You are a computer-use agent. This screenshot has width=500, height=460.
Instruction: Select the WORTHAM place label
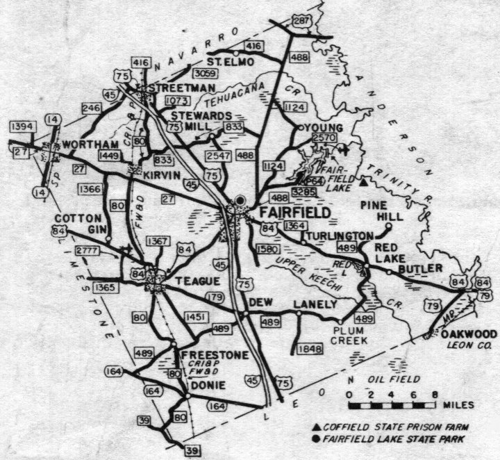click(x=87, y=144)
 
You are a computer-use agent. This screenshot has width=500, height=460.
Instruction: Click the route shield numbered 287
click(x=301, y=22)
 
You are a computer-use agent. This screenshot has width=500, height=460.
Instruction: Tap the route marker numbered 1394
click(x=22, y=126)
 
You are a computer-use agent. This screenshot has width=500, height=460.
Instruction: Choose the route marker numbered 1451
click(x=196, y=318)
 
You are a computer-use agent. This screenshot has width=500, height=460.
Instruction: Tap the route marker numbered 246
click(x=91, y=108)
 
